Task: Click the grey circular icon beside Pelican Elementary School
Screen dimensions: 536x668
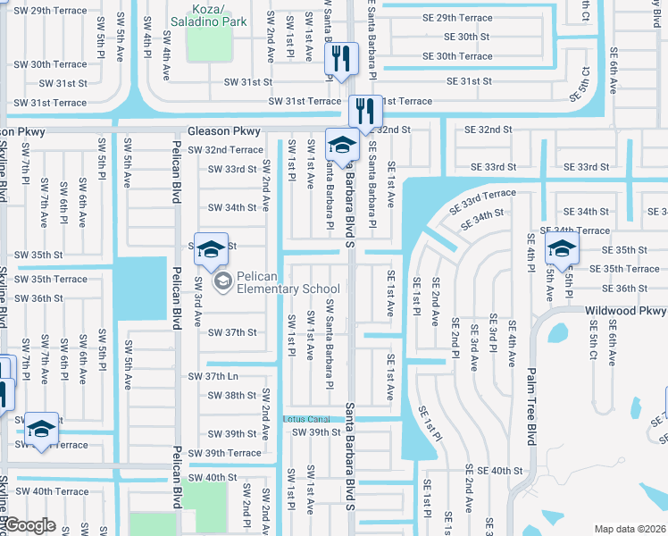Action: coord(223,282)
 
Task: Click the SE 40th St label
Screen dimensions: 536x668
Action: coord(499,470)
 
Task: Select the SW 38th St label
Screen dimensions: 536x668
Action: coord(228,395)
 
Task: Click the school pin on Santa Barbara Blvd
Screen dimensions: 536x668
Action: coord(342,146)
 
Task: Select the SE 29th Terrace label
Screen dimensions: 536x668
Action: coord(457,17)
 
